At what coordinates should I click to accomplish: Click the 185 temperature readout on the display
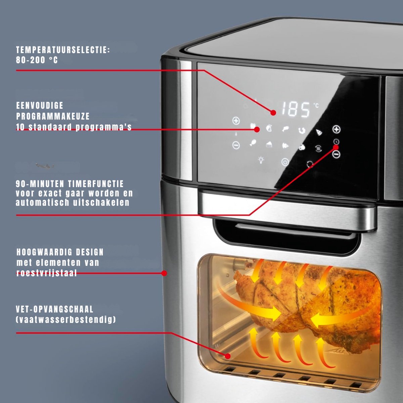coord(296,109)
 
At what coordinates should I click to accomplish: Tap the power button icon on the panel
coord(285,162)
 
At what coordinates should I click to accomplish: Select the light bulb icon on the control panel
coord(261,160)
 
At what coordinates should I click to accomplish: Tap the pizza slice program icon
coord(319,132)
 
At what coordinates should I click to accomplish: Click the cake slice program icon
coord(269,144)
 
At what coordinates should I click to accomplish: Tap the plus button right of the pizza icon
coord(336,129)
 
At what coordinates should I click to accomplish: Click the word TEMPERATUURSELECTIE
coord(63,50)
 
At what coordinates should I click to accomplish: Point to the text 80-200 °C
coord(37,60)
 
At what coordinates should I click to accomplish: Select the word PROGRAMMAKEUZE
coord(53,116)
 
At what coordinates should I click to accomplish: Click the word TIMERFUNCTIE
coord(96,184)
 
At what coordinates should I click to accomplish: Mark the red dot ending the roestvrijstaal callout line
coord(164,273)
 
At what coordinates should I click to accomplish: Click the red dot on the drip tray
coord(228,356)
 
